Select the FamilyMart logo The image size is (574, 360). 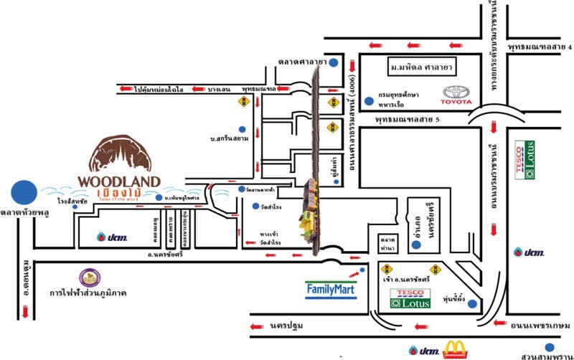(331, 289)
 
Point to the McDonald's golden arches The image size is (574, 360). (455, 349)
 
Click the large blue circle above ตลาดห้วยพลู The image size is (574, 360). (24, 191)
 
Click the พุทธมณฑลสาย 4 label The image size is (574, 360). (540, 47)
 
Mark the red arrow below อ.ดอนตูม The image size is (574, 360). (26, 312)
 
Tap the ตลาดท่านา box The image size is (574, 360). (388, 242)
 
